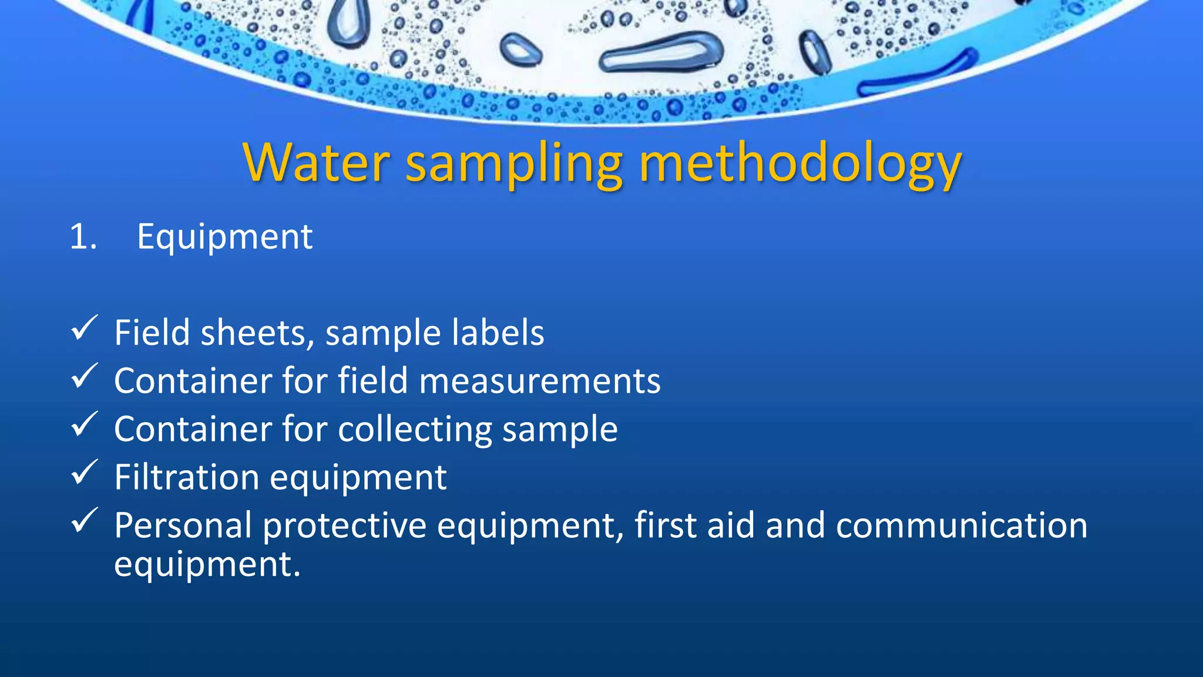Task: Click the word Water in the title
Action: [x=316, y=162]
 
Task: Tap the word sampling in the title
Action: [x=514, y=165]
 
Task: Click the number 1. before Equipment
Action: [x=83, y=237]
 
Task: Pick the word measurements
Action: [x=540, y=381]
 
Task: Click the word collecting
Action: [x=415, y=429]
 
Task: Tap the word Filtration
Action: [x=186, y=477]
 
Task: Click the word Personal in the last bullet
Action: [x=183, y=525]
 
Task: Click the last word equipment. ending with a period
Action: [x=207, y=565]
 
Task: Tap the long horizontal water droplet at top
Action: [x=661, y=52]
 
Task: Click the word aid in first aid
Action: [x=731, y=525]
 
